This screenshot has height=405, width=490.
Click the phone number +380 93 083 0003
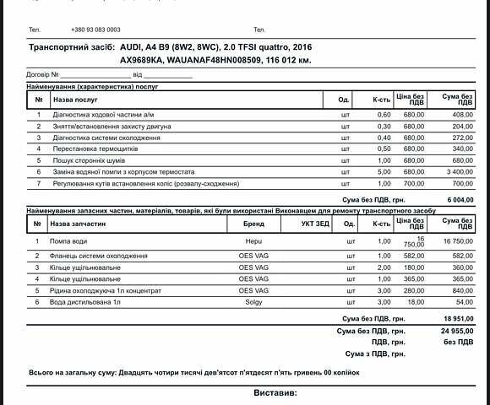click(95, 30)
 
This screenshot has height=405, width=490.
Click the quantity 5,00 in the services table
click(384, 172)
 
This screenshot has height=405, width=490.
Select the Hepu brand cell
click(253, 241)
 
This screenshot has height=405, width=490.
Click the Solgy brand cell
click(253, 301)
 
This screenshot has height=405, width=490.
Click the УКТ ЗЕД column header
click(315, 224)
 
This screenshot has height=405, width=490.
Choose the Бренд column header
click(253, 224)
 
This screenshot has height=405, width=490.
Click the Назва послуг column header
click(77, 99)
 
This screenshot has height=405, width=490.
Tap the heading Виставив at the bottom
click(275, 393)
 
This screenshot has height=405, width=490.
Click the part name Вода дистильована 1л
click(87, 301)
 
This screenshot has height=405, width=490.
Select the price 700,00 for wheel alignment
click(414, 183)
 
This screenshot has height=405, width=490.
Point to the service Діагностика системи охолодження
click(106, 138)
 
